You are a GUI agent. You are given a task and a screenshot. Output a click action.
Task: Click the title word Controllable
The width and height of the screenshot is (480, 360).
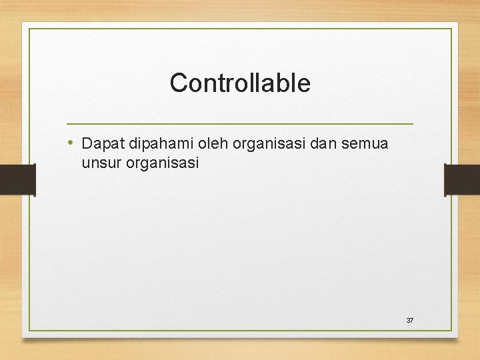tap(240, 83)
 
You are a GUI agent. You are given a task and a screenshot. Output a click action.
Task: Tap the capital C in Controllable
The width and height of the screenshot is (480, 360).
tap(177, 83)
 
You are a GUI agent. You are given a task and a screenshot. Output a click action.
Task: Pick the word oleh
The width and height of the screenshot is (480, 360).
tap(213, 143)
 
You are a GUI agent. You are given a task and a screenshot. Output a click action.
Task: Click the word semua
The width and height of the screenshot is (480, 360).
tap(365, 143)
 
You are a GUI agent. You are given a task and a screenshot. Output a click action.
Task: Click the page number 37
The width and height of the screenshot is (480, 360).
tap(410, 321)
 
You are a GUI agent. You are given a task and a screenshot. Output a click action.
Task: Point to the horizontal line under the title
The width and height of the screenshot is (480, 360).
tap(240, 124)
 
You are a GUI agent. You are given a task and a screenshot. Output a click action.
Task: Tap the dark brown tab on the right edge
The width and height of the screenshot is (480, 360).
tap(462, 180)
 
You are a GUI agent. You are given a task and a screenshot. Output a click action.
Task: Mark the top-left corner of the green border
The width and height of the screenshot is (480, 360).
tap(29, 29)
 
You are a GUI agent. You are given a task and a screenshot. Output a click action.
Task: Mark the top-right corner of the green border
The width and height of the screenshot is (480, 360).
tap(451, 29)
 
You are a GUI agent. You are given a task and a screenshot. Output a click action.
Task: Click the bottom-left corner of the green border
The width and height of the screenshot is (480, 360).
tap(29, 331)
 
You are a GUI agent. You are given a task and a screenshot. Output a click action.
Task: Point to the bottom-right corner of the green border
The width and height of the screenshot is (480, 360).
tap(451, 331)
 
